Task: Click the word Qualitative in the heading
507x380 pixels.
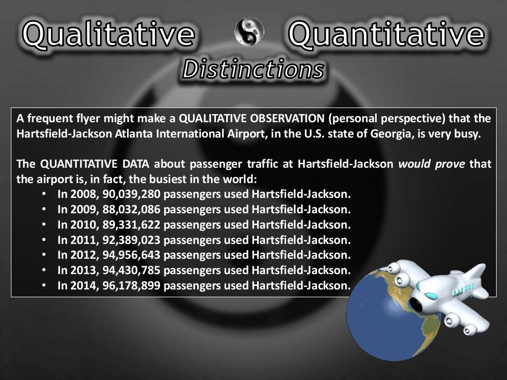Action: [108, 34]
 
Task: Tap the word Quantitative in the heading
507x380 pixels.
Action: [386, 34]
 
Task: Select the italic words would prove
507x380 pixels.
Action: [432, 164]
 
